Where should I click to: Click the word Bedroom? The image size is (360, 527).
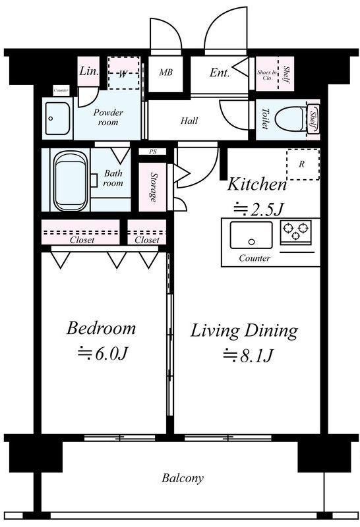[101, 328]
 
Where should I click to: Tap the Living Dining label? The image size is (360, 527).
[244, 331]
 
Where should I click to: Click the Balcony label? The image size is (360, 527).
[183, 478]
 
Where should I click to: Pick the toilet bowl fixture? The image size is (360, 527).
[295, 119]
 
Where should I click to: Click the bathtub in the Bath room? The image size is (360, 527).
[70, 180]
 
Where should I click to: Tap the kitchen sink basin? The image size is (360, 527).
[251, 235]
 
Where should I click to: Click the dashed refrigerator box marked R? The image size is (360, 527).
[303, 164]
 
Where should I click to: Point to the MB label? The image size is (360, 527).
[166, 72]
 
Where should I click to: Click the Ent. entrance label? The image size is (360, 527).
[220, 72]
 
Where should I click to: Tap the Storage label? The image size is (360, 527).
[154, 187]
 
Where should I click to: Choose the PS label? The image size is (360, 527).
[153, 152]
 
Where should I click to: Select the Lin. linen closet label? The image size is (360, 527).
[89, 71]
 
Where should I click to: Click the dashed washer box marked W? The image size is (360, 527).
[123, 73]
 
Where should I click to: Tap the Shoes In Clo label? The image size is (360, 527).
[267, 74]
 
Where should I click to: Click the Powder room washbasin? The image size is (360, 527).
[57, 119]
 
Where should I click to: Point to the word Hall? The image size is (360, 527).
[189, 121]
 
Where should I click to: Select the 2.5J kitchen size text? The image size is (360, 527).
[259, 209]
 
